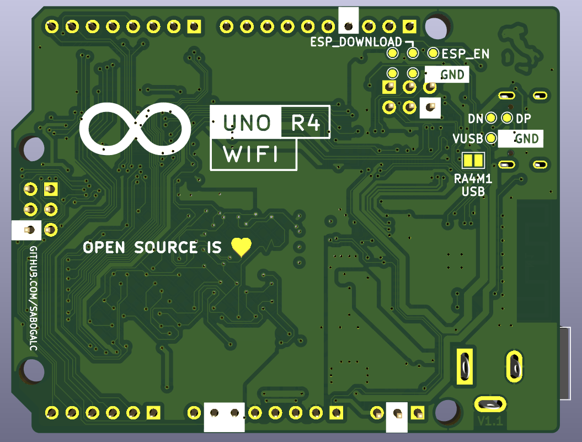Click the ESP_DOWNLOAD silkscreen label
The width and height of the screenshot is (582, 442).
tap(356, 42)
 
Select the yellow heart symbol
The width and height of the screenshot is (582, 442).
tap(241, 247)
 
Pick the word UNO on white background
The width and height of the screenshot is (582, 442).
tap(246, 122)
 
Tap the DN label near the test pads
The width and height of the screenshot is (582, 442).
tap(475, 119)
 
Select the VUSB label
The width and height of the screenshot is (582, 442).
tap(468, 138)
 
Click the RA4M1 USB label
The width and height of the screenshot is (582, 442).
tap(473, 185)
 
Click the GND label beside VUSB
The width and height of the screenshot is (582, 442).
tap(527, 139)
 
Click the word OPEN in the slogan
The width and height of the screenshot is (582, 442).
tap(104, 247)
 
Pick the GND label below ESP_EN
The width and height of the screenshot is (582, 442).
tap(453, 74)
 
